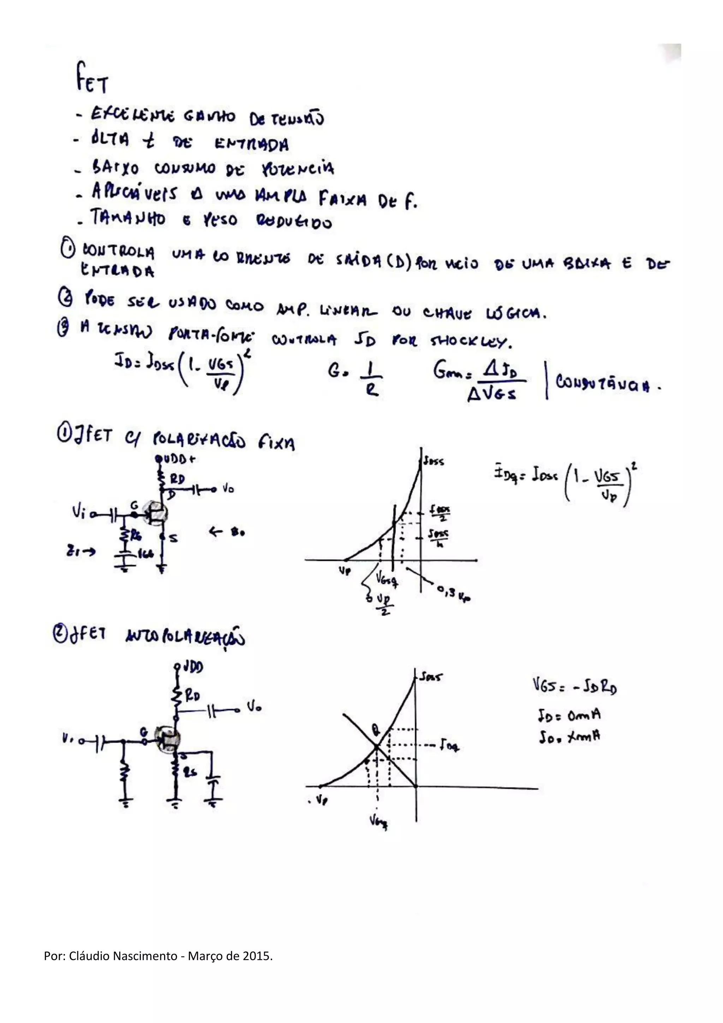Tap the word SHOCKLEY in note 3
click(471, 341)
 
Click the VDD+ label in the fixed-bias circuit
click(177, 459)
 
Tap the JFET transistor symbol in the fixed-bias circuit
click(155, 513)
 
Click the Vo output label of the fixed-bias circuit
click(228, 489)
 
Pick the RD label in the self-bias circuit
click(192, 696)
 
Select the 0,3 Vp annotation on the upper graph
click(454, 593)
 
